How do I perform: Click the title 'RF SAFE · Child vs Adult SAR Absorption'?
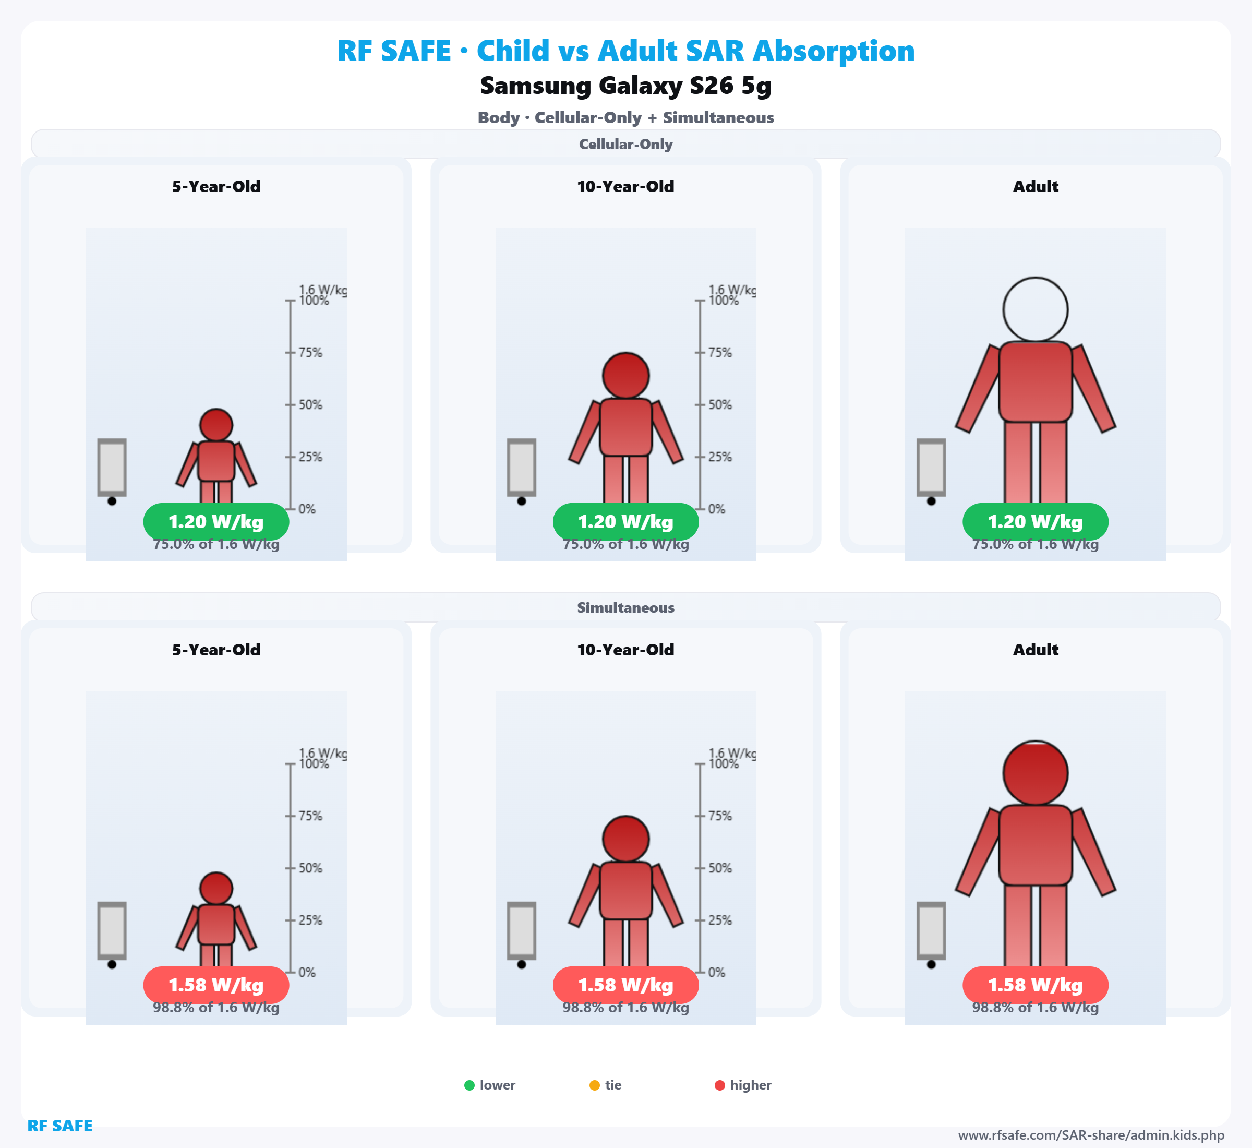pyautogui.click(x=625, y=51)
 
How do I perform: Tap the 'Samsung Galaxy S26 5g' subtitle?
pyautogui.click(x=625, y=86)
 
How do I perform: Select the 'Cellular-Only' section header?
pyautogui.click(x=625, y=144)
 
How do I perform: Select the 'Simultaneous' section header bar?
pyautogui.click(x=625, y=607)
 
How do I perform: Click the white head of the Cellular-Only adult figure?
pyautogui.click(x=1036, y=309)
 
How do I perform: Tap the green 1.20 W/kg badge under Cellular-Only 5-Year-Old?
pyautogui.click(x=216, y=522)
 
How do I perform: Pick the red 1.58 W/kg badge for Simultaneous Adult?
pyautogui.click(x=1036, y=985)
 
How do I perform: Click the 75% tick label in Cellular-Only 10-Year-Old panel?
pyautogui.click(x=720, y=353)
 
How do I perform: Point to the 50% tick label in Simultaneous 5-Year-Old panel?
pyautogui.click(x=310, y=868)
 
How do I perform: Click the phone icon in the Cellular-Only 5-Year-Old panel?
pyautogui.click(x=112, y=468)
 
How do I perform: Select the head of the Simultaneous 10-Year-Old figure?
pyautogui.click(x=625, y=839)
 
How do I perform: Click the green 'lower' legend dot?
pyautogui.click(x=469, y=1085)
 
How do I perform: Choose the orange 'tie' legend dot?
pyautogui.click(x=594, y=1085)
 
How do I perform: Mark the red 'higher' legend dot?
pyautogui.click(x=720, y=1085)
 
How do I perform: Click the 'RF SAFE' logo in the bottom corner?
pyautogui.click(x=59, y=1126)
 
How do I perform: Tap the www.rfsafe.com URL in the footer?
pyautogui.click(x=1091, y=1135)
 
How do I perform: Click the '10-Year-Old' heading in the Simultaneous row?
pyautogui.click(x=625, y=650)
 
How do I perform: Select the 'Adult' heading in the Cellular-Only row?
pyautogui.click(x=1036, y=186)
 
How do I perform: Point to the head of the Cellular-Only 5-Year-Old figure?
pyautogui.click(x=216, y=425)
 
